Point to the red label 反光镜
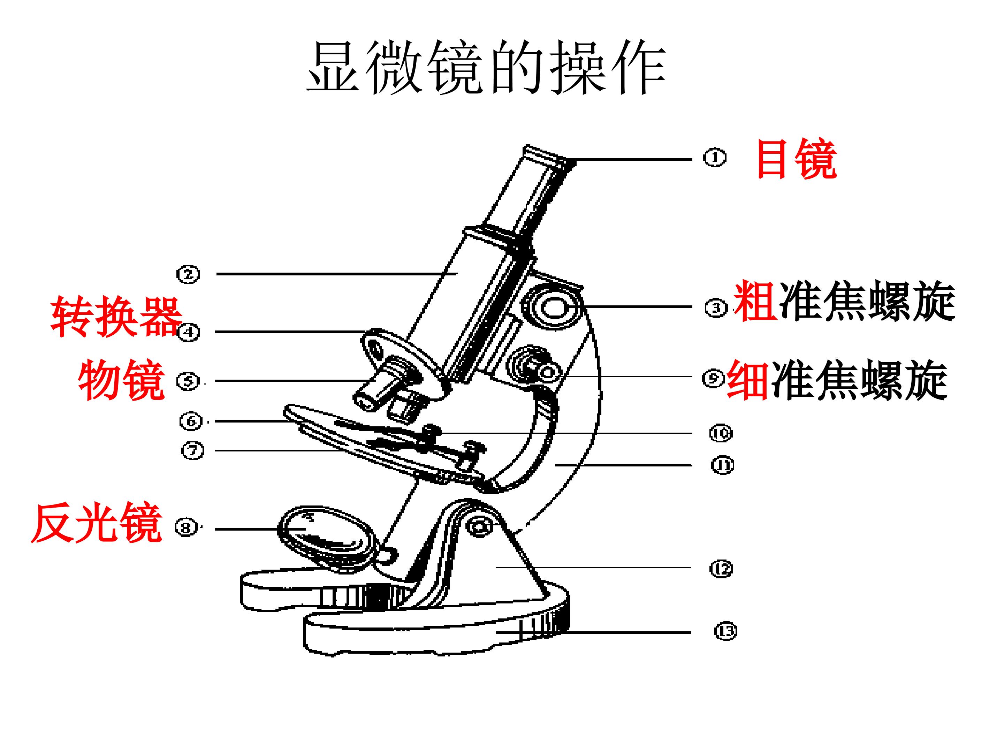96,523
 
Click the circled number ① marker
715,158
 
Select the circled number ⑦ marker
192,451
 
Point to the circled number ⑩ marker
721,433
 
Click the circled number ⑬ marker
725,631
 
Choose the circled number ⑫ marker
721,569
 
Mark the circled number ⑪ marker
722,465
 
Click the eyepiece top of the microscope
549,157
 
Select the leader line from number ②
337,274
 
